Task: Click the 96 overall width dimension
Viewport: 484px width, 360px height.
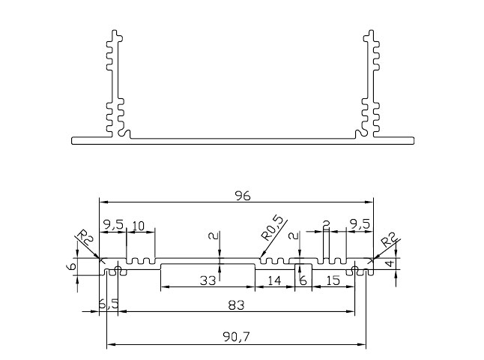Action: tap(243, 196)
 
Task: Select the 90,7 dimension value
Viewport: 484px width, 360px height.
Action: tap(236, 337)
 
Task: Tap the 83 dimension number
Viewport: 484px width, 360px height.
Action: tap(236, 305)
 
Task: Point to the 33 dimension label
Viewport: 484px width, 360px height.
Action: tap(208, 281)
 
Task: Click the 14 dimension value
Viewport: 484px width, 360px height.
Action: tap(274, 281)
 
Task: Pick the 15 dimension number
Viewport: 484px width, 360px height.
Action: tap(333, 281)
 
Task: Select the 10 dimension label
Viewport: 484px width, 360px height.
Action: tap(138, 226)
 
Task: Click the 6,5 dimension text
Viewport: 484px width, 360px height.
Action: tap(109, 304)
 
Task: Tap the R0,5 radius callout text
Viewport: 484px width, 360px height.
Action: tap(272, 228)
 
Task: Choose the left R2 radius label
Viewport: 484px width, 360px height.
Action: tap(84, 237)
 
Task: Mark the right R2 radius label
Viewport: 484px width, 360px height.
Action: tap(388, 240)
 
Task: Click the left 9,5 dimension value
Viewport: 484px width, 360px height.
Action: tap(113, 225)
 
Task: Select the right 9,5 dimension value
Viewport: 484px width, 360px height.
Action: tap(359, 225)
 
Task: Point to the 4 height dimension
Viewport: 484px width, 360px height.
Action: tap(390, 263)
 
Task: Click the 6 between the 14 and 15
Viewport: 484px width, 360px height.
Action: tap(303, 281)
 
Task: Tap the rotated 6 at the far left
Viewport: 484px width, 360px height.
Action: tap(71, 266)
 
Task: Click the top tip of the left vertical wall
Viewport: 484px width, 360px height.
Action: tap(115, 30)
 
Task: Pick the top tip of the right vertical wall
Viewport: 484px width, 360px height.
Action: tap(371, 30)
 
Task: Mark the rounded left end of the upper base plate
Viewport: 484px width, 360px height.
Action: tap(72, 140)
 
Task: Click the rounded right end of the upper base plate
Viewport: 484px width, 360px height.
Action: tap(414, 140)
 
